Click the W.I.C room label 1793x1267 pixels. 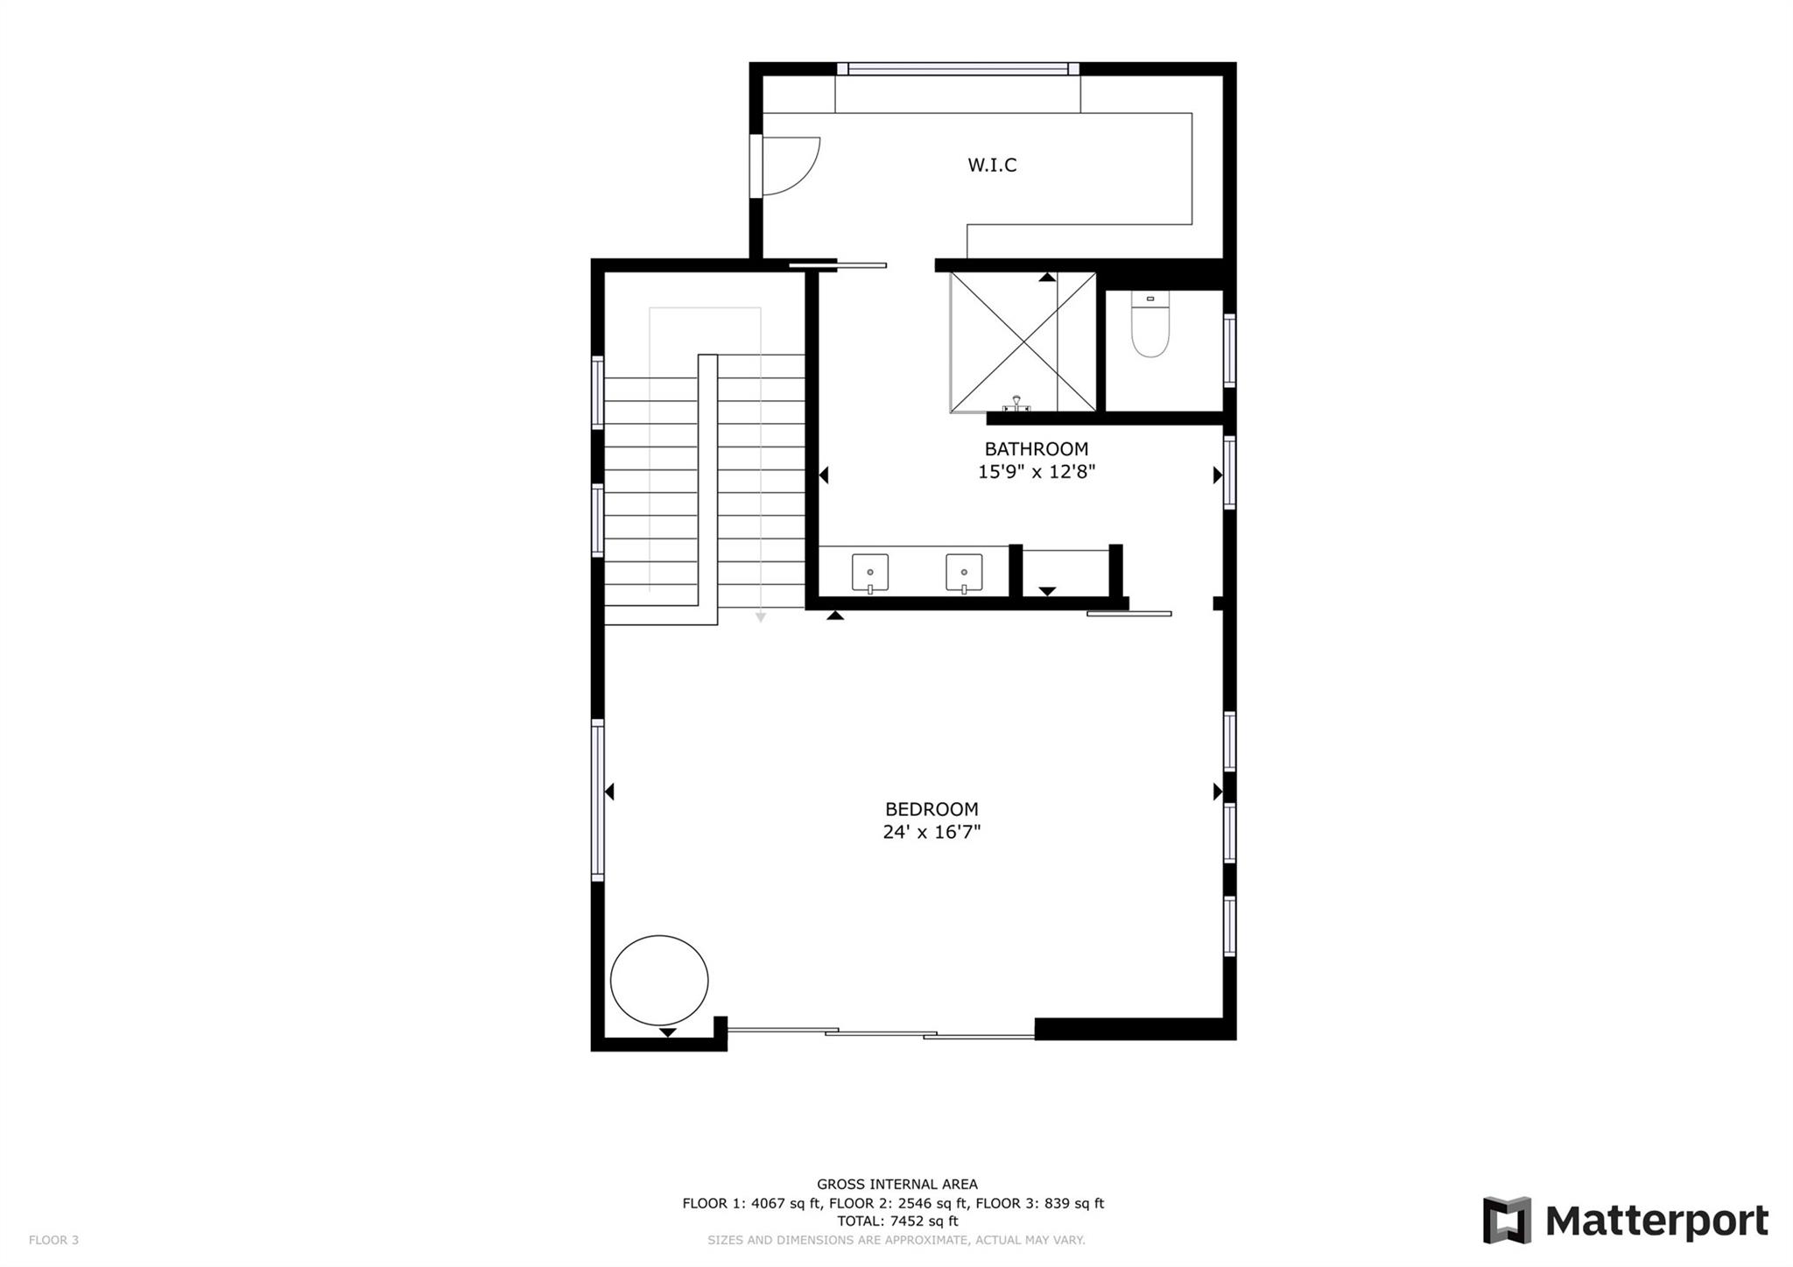click(992, 165)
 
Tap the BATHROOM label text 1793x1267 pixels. click(1037, 449)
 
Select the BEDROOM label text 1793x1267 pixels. click(932, 810)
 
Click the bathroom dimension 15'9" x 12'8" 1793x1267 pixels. click(1037, 473)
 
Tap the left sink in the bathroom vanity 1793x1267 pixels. click(870, 574)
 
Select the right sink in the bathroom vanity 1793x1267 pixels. click(964, 574)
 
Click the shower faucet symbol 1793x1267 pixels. click(1016, 404)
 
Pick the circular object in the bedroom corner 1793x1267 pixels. click(659, 981)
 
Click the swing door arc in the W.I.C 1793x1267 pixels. click(792, 166)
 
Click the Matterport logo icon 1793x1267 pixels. click(1507, 1220)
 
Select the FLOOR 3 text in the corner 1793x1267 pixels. click(53, 1240)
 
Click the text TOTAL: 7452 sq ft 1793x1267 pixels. click(897, 1221)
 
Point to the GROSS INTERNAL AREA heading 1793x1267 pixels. click(897, 1185)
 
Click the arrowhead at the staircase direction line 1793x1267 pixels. click(761, 617)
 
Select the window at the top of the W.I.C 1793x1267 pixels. click(958, 69)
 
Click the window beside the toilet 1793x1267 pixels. click(1229, 350)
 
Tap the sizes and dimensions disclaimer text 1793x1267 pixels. click(896, 1241)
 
